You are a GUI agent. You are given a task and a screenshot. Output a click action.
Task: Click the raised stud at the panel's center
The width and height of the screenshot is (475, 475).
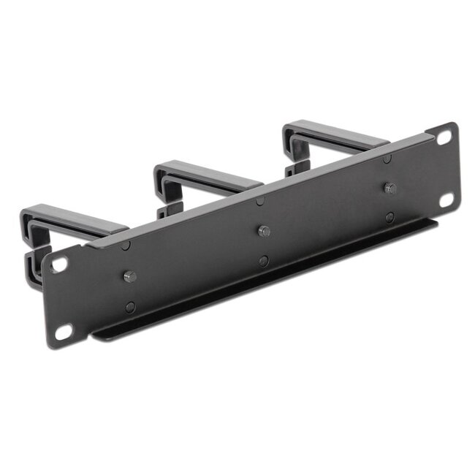264,232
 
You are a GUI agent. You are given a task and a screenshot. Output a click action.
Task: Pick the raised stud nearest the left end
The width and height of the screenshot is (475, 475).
129,276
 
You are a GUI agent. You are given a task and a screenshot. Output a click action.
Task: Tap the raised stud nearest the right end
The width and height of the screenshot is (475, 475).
389,188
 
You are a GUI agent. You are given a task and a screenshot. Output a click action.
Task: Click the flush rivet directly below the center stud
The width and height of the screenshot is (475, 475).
263,261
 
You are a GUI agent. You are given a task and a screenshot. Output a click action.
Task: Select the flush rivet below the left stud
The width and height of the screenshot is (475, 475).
130,308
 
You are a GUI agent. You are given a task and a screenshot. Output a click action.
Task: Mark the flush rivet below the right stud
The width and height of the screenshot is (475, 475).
390,217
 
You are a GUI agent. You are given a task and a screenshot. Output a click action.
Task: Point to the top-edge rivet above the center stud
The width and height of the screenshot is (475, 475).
261,201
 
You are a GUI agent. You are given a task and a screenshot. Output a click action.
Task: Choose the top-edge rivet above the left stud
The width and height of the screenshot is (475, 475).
126,246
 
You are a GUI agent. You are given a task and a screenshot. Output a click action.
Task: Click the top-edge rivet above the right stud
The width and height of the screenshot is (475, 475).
387,159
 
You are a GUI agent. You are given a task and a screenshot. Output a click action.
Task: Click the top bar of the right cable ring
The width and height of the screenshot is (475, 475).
329,132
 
